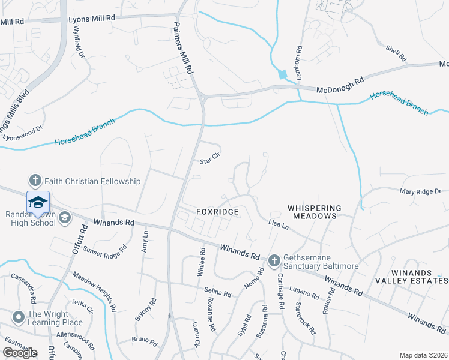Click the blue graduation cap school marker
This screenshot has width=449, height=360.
37,202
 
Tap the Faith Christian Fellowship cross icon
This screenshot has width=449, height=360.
35,181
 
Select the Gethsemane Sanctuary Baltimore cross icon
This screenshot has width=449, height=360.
274,260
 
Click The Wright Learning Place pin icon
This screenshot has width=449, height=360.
19,316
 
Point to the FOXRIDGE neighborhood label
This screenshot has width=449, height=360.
218,212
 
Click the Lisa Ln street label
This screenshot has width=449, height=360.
278,224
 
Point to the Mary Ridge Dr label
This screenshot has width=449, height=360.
420,191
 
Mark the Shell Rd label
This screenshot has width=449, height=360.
396,55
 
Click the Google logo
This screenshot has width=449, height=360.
20,353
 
